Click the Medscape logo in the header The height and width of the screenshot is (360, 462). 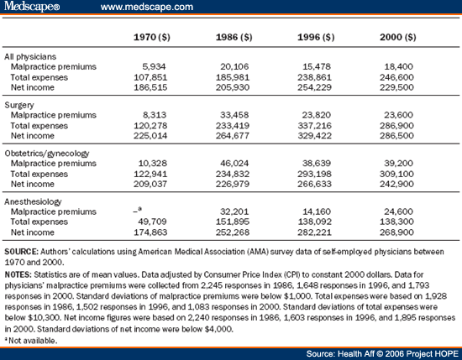pyautogui.click(x=32, y=6)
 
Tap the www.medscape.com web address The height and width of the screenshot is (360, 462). pyautogui.click(x=147, y=7)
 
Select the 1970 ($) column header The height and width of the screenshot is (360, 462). pyautogui.click(x=152, y=37)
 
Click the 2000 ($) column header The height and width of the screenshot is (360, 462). pyautogui.click(x=398, y=37)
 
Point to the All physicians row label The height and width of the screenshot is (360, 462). pyautogui.click(x=30, y=56)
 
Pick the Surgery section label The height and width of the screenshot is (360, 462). pyautogui.click(x=19, y=105)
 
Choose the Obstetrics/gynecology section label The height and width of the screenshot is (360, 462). pyautogui.click(x=46, y=154)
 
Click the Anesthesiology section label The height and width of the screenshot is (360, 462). pyautogui.click(x=33, y=201)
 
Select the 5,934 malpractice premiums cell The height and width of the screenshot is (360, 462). pyautogui.click(x=154, y=67)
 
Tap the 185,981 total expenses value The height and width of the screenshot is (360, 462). pyautogui.click(x=233, y=77)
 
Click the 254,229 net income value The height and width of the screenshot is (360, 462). pyautogui.click(x=314, y=87)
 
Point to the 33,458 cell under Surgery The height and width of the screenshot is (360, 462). pyautogui.click(x=234, y=115)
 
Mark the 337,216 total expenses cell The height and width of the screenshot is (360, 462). pyautogui.click(x=314, y=126)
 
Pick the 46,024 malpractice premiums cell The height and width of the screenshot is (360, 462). pyautogui.click(x=234, y=163)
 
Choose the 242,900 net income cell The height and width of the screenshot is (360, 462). pyautogui.click(x=396, y=184)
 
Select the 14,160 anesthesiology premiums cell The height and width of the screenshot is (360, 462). pyautogui.click(x=317, y=211)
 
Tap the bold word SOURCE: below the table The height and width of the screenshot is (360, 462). pyautogui.click(x=21, y=252)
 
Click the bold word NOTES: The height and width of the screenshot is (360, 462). pyautogui.click(x=18, y=274)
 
